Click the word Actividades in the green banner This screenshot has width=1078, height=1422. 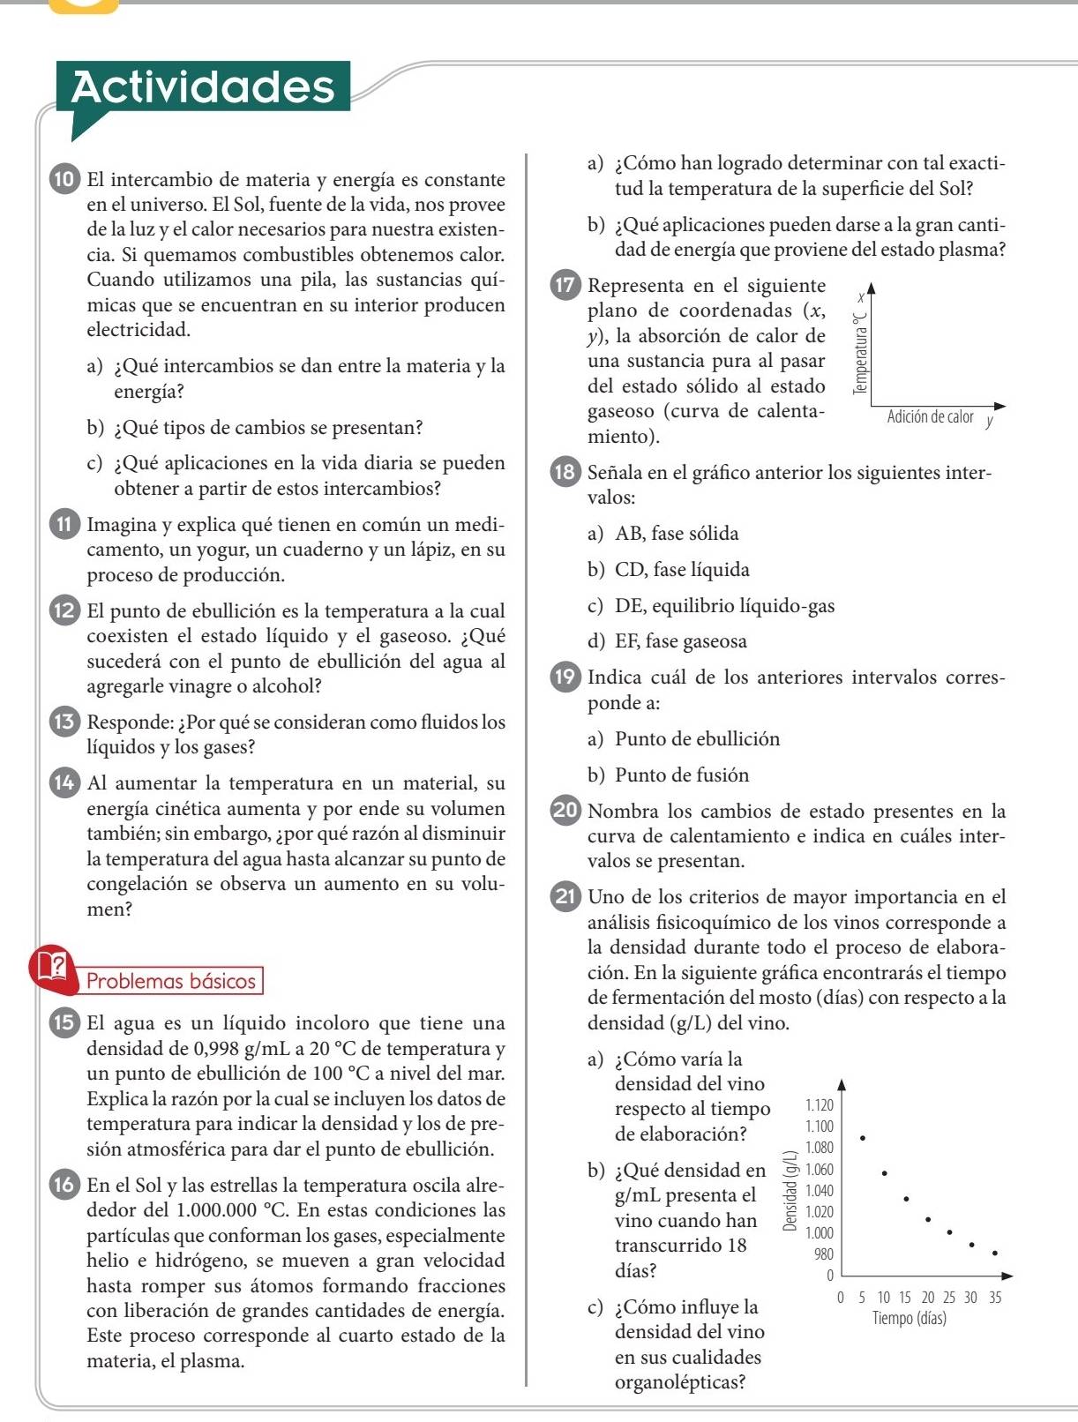click(203, 86)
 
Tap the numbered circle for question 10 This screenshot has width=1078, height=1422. click(64, 180)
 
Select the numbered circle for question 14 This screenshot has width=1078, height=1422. click(64, 782)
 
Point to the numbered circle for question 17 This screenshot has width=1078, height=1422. click(565, 286)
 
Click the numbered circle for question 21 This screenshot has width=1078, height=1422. click(565, 897)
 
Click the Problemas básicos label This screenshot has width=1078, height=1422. click(171, 981)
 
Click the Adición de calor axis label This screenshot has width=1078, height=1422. click(930, 417)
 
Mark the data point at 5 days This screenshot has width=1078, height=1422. click(862, 1139)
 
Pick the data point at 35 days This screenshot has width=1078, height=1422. click(994, 1252)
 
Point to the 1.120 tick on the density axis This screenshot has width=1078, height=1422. click(819, 1104)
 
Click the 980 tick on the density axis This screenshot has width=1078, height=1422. click(822, 1254)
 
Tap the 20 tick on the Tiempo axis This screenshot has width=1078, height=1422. click(928, 1298)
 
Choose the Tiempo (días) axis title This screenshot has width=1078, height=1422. click(909, 1319)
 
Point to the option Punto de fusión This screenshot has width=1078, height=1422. click(682, 775)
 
